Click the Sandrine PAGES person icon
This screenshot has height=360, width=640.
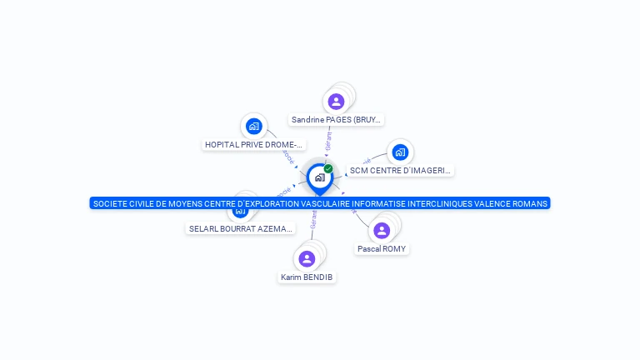(x=336, y=102)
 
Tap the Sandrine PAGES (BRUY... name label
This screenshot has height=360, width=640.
(x=336, y=120)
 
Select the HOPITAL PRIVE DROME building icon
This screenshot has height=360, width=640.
(x=254, y=127)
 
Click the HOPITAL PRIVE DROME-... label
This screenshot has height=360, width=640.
(x=253, y=145)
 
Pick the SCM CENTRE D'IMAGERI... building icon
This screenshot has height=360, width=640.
(x=400, y=152)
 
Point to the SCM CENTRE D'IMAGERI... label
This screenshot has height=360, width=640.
(x=400, y=171)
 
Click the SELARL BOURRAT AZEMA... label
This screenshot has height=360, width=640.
(x=241, y=228)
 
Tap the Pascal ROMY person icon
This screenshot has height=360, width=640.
(x=382, y=230)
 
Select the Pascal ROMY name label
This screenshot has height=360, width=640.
(x=382, y=249)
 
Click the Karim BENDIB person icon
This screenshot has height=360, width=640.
(x=307, y=259)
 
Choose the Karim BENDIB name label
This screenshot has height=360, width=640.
(x=307, y=277)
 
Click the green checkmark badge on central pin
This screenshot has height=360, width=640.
(x=328, y=168)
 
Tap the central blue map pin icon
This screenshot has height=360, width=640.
(x=319, y=178)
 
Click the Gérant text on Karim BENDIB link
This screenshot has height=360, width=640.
(x=313, y=219)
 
